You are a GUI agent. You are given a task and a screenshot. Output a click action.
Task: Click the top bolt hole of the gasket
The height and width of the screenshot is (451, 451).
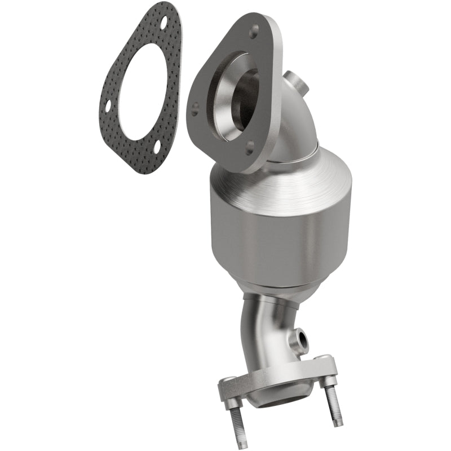tap(163, 24)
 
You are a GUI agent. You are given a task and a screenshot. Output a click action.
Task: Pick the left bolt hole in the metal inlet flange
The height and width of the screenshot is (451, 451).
tap(195, 105)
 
